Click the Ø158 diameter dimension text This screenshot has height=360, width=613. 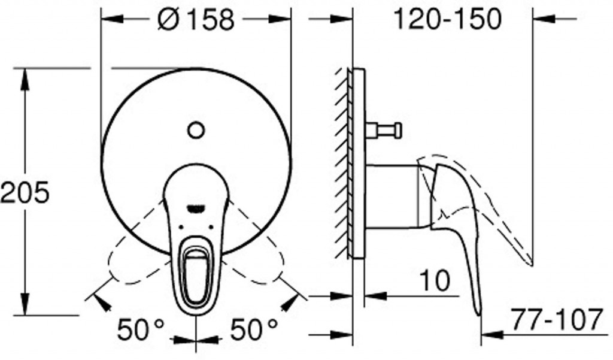196,20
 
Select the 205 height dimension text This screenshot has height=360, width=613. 25,192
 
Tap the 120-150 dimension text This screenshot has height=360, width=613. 447,19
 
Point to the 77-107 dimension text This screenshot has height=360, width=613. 557,319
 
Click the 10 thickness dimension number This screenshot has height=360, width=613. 435,280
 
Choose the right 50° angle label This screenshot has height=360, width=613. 254,329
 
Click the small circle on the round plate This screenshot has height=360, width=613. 196,131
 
